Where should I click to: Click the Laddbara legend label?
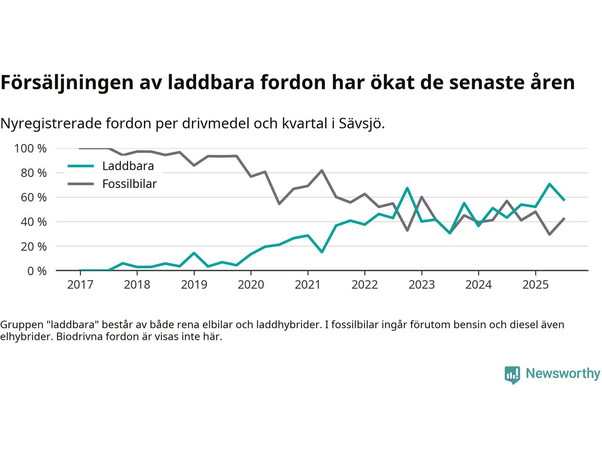coord(128,166)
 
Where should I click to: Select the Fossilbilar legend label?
coord(129,184)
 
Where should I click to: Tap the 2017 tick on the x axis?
coord(80,285)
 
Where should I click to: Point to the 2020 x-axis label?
coord(251,285)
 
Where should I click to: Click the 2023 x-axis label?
coord(421,285)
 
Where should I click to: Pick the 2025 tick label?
coord(535,285)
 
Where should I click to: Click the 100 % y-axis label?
coord(31,149)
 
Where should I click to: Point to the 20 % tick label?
coord(33,246)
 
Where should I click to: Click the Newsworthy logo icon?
coord(512,375)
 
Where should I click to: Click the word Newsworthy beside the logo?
coord(562,374)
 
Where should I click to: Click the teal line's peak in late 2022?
coord(407,188)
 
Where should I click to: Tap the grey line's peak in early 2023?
coord(421,197)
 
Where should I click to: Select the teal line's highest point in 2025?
coord(549,184)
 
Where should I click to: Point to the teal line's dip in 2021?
coord(322,252)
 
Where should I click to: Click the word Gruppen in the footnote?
coord(19,325)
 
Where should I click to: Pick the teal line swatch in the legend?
coord(81,166)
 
